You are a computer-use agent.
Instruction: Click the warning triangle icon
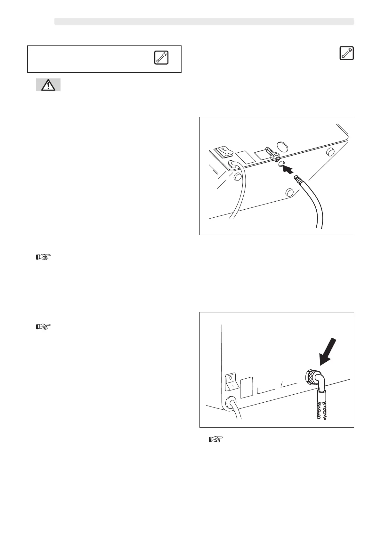tap(48, 85)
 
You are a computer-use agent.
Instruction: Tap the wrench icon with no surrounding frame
tap(346, 53)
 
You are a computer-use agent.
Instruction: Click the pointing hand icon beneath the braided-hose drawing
tap(215, 439)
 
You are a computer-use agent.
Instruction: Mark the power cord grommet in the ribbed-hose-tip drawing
tap(232, 165)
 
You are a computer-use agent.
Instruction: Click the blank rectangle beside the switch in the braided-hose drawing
tap(246, 387)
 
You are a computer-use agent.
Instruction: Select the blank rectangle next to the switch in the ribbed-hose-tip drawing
tap(244, 157)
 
